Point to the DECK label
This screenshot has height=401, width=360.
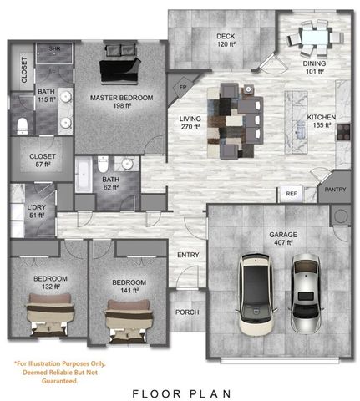click(225, 36)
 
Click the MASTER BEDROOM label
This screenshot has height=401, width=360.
click(122, 98)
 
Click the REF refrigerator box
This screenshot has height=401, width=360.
click(291, 193)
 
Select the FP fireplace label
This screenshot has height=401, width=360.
click(183, 86)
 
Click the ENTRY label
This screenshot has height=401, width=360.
click(187, 256)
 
